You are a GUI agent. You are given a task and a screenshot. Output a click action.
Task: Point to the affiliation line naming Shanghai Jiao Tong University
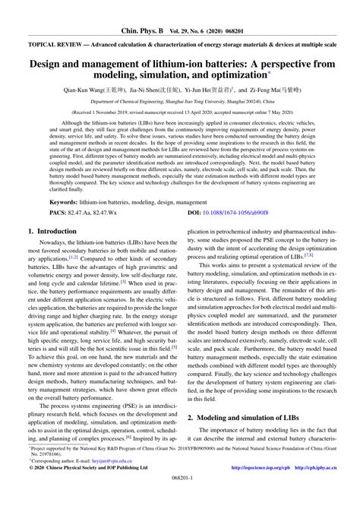coord(179,100)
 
